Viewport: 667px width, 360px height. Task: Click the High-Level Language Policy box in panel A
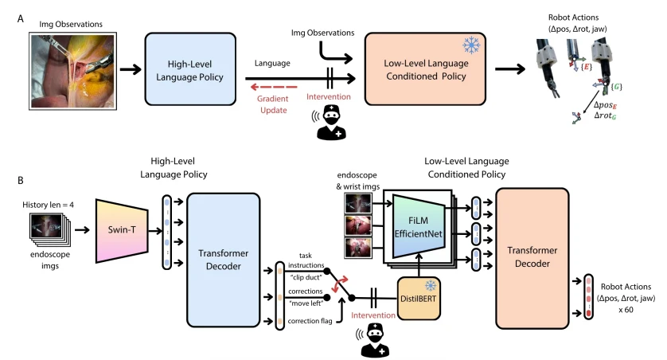pos(190,69)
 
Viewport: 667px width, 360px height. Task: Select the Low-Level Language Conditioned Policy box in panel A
pos(425,69)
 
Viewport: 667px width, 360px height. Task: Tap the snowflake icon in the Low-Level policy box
pos(471,45)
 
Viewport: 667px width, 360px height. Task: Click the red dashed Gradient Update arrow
pos(274,88)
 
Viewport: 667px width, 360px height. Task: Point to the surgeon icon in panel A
pos(331,122)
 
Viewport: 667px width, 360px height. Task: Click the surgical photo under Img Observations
pos(72,71)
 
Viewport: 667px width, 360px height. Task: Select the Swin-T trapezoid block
pos(122,230)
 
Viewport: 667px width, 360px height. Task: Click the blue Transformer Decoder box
pos(224,260)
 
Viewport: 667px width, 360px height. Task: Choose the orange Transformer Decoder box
pos(532,258)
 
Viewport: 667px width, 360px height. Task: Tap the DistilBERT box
pos(419,299)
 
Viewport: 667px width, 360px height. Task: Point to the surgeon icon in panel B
pos(375,339)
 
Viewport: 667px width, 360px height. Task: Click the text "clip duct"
pos(306,277)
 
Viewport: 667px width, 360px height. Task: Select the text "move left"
pos(306,303)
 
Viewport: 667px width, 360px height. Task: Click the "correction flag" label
pos(310,321)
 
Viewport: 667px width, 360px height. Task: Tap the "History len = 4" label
pos(48,205)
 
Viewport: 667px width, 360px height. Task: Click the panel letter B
pos(21,181)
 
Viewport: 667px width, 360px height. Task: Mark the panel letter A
pos(21,19)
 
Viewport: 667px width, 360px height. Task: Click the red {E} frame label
pos(587,66)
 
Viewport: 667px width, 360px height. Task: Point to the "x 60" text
pos(626,310)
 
